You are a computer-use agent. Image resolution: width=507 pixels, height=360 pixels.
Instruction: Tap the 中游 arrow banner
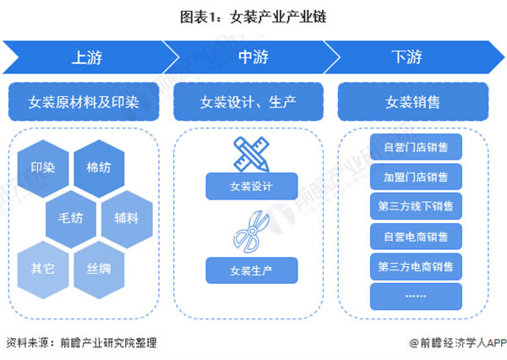(250, 57)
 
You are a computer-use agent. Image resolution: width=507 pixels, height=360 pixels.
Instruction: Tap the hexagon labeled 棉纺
(98, 166)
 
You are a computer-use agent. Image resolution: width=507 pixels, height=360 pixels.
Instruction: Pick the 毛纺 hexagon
(70, 215)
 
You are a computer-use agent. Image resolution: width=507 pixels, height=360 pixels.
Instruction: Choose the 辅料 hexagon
(126, 215)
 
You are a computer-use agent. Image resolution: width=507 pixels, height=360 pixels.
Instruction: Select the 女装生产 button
(251, 270)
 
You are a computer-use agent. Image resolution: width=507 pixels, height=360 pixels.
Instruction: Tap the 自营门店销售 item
(416, 147)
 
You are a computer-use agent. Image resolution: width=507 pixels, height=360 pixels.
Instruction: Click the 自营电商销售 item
(416, 236)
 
